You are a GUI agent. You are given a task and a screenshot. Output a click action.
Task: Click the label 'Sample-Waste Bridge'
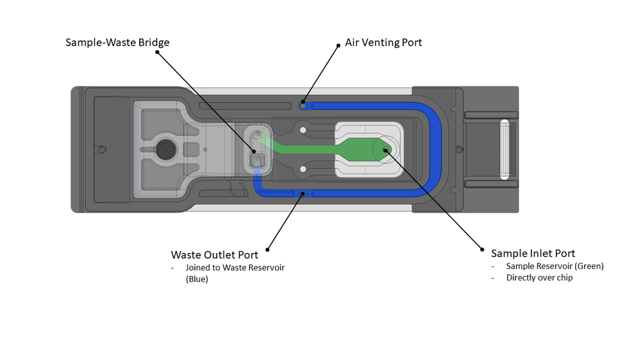(x=117, y=43)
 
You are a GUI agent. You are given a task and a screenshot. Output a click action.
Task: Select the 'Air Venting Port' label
(x=383, y=43)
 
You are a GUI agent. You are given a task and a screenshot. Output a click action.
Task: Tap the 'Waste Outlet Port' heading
(x=214, y=255)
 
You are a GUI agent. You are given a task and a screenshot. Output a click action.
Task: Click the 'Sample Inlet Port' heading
(x=533, y=253)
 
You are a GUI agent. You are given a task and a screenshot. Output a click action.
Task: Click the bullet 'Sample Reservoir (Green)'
(x=554, y=266)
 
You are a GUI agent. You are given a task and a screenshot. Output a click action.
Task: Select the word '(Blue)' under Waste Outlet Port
(x=197, y=279)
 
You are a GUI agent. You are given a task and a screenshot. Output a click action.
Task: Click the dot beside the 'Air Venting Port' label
(x=338, y=45)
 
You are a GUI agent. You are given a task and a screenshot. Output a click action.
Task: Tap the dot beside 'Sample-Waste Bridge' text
(x=158, y=54)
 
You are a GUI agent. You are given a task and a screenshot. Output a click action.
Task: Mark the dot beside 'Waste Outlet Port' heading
(x=267, y=249)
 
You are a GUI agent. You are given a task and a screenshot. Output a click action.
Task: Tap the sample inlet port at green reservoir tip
(x=385, y=150)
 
